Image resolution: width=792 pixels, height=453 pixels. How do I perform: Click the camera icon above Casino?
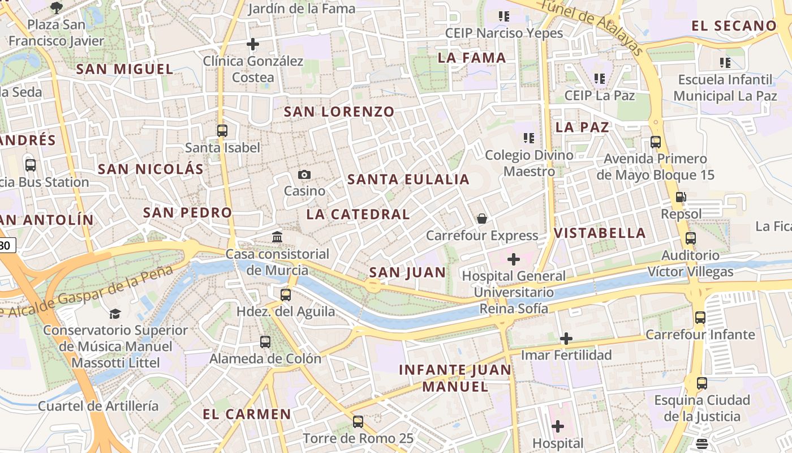tap(304, 174)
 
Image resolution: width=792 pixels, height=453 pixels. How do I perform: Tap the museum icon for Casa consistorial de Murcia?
tap(277, 237)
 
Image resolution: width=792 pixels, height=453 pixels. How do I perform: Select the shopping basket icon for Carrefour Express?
tap(482, 219)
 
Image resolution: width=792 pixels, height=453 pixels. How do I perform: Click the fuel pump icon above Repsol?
tap(681, 198)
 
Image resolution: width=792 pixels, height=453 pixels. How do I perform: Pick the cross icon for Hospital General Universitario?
tap(514, 259)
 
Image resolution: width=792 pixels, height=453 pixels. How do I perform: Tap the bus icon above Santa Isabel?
tap(222, 131)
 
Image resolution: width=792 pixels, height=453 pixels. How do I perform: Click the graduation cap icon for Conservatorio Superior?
tap(115, 314)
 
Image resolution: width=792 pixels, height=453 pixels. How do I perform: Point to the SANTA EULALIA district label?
tap(408, 180)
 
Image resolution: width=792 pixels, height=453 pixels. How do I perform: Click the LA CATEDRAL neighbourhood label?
tap(358, 214)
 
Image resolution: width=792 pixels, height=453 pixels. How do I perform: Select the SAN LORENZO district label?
tap(339, 112)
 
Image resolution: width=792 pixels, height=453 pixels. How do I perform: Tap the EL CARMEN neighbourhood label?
tap(247, 414)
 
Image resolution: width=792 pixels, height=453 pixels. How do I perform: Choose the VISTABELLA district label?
tap(600, 233)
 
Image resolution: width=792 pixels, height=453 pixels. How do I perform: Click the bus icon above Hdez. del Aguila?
tap(286, 294)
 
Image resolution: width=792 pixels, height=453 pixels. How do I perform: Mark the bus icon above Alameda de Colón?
tap(265, 342)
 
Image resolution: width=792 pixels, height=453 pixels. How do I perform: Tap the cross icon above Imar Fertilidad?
tap(566, 339)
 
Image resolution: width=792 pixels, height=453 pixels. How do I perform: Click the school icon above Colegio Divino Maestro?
tap(529, 138)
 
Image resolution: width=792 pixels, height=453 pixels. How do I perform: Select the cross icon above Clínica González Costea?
tap(253, 44)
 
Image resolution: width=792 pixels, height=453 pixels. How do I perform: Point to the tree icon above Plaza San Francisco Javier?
tap(56, 7)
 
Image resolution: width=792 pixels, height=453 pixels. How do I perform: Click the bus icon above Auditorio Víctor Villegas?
tap(691, 238)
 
